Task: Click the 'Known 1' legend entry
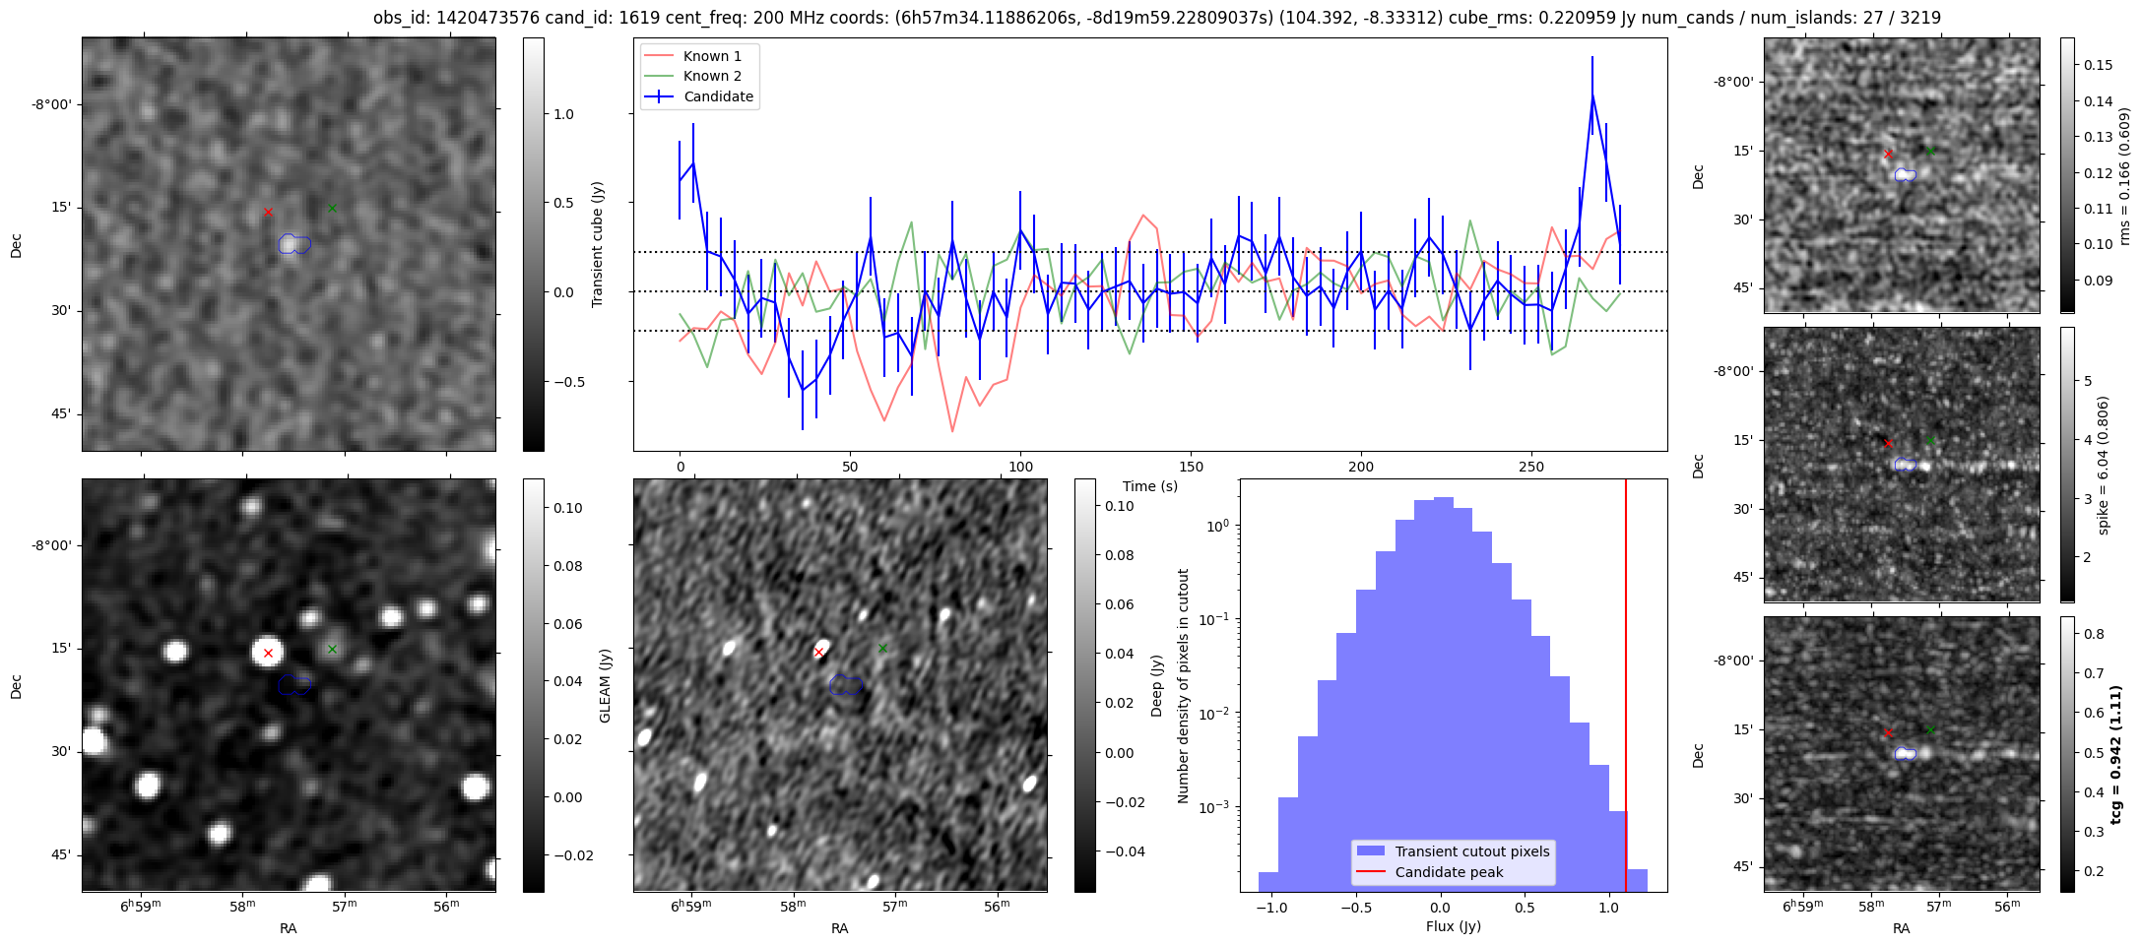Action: click(712, 56)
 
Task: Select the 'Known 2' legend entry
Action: click(712, 76)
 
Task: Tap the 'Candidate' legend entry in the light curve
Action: click(718, 96)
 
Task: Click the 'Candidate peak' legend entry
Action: click(1449, 872)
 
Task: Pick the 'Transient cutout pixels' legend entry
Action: click(1471, 851)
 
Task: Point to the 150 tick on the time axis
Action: click(1191, 466)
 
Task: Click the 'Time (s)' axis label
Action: click(1149, 486)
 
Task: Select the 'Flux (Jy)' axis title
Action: click(1453, 926)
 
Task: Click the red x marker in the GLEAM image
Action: click(268, 653)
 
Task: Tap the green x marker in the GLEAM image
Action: click(332, 649)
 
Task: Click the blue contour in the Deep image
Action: click(845, 685)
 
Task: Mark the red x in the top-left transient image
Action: click(268, 212)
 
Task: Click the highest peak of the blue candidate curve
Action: click(1591, 95)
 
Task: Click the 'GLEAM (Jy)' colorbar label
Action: click(605, 685)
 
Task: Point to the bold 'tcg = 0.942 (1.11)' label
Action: click(2113, 754)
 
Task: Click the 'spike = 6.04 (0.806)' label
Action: click(2104, 465)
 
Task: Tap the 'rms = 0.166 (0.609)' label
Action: click(2124, 175)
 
